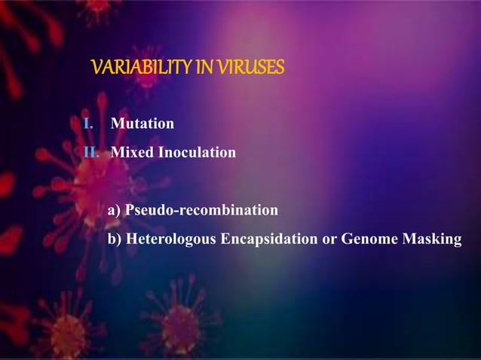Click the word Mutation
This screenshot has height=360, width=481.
coord(142,124)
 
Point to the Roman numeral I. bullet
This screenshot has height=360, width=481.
coord(87,124)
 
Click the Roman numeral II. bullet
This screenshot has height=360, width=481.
coord(91,153)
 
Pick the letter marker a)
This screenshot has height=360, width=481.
coord(115,209)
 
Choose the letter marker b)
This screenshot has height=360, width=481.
coord(115,239)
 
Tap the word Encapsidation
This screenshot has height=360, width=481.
coord(270,239)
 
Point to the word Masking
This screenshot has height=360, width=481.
coord(432,239)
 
